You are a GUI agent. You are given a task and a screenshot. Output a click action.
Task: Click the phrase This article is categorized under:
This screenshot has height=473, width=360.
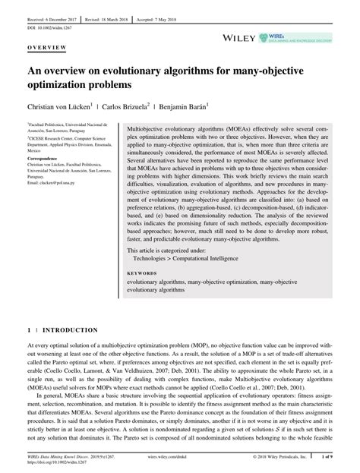167,248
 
